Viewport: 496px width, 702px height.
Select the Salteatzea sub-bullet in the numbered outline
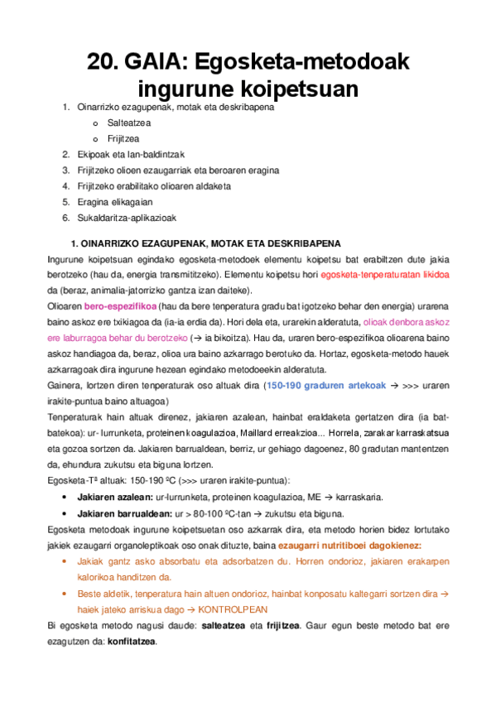[128, 123]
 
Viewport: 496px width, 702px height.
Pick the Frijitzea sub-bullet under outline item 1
[123, 138]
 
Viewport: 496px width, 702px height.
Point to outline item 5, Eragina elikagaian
[114, 201]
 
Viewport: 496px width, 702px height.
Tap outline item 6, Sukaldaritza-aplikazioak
[130, 217]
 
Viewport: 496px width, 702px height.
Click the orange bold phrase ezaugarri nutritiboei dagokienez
[349, 545]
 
